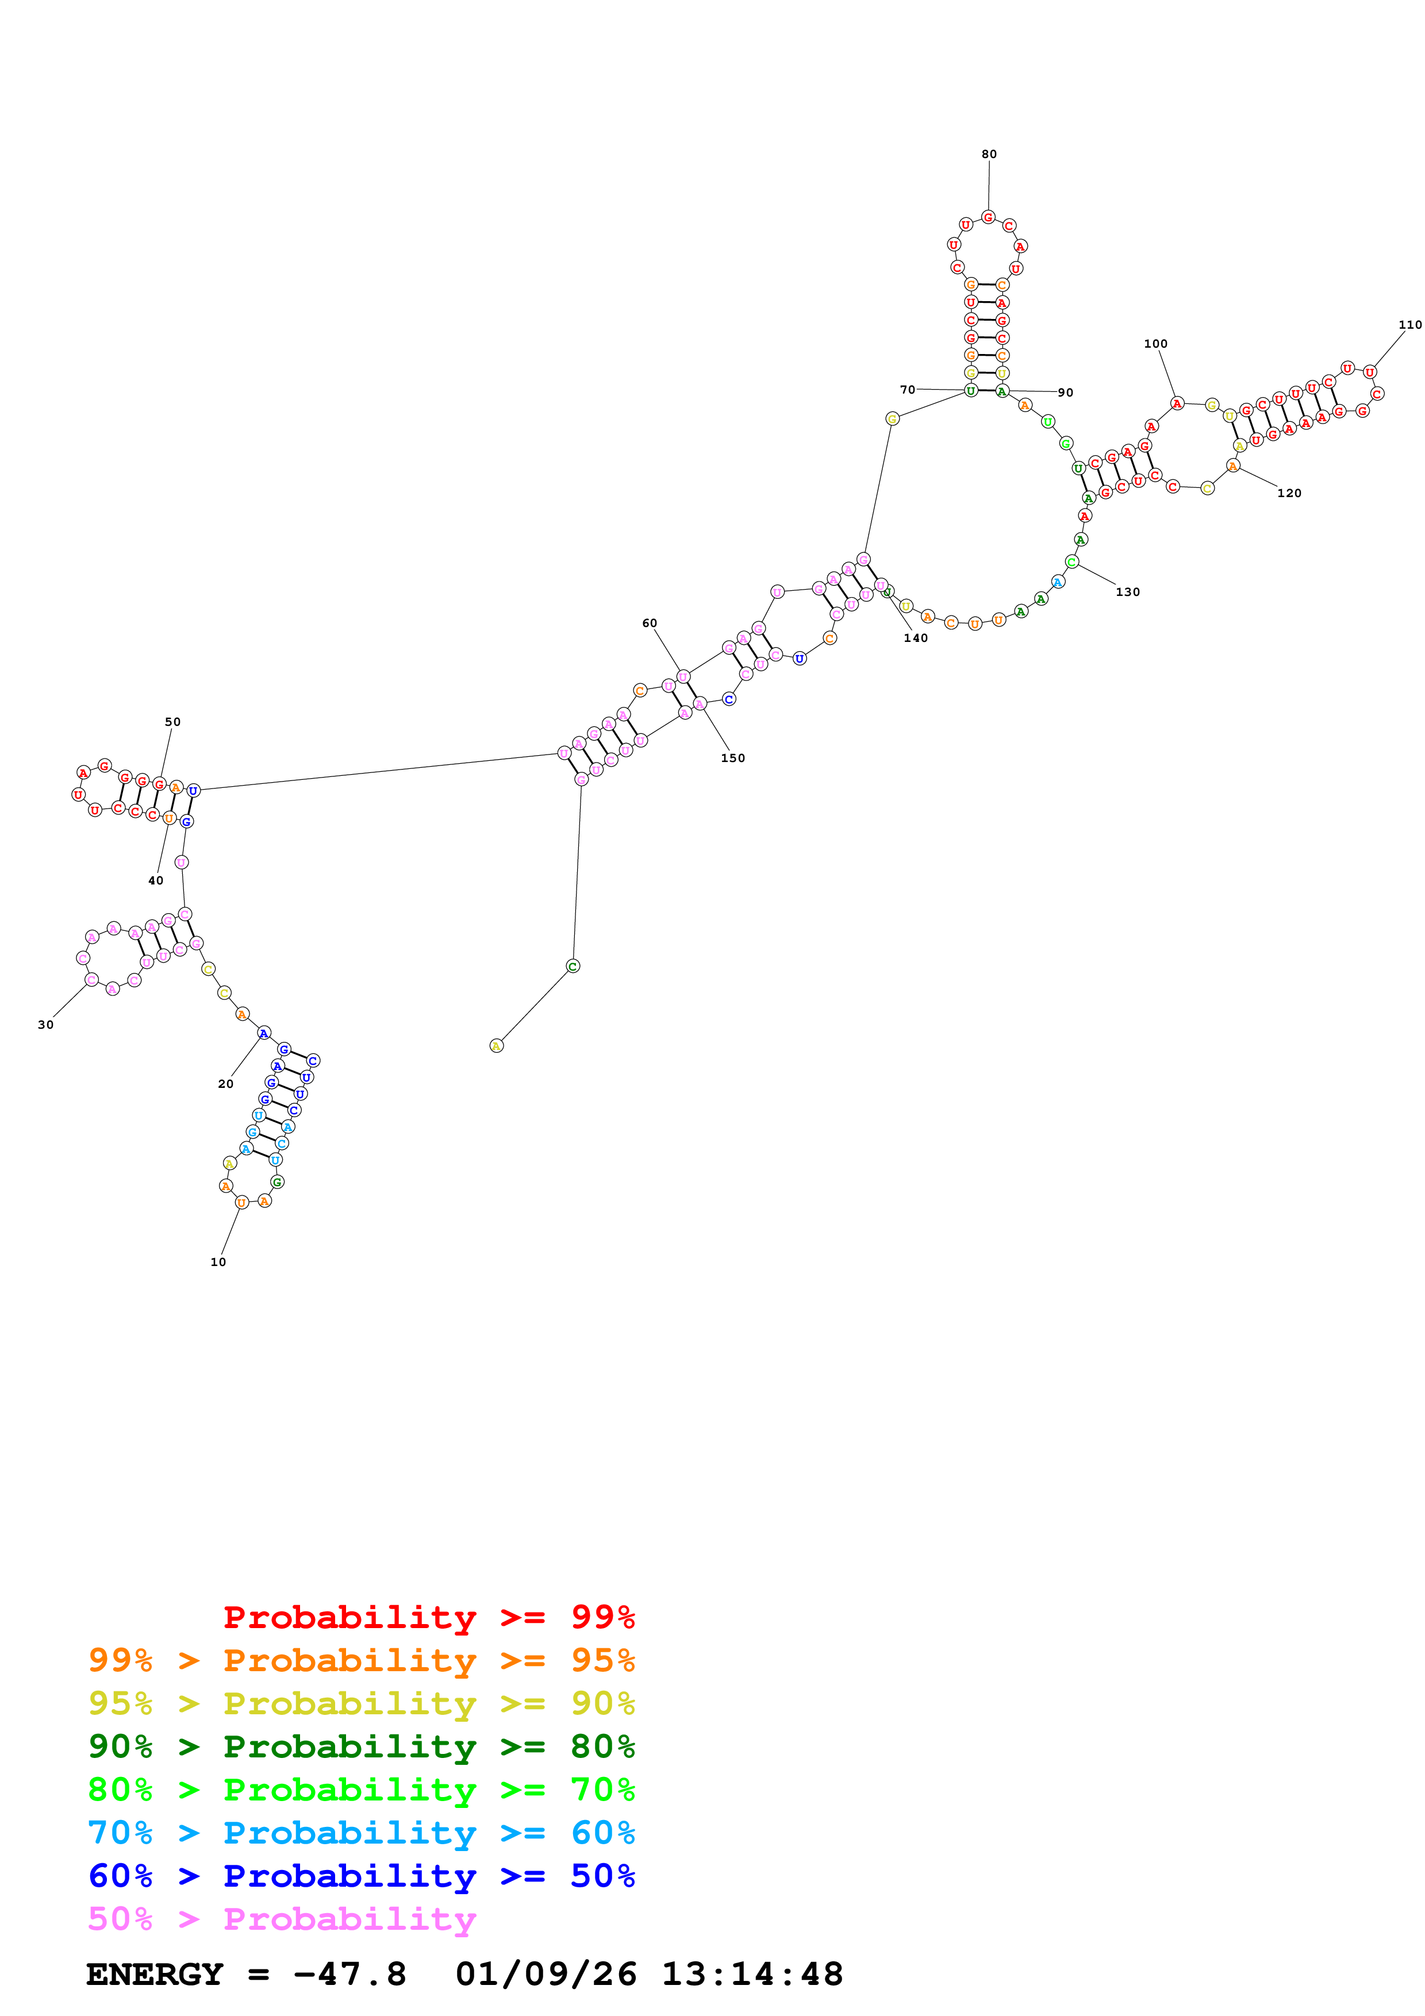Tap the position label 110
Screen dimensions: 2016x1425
point(1409,325)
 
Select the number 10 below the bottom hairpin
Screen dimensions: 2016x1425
point(218,1262)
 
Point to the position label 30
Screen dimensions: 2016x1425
point(45,1025)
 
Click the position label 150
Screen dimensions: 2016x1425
point(732,758)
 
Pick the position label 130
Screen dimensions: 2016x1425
point(1127,592)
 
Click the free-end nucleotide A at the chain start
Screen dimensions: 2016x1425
point(496,1046)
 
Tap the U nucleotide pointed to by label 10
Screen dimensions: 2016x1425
point(241,1202)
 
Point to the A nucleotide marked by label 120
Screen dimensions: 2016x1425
point(1232,466)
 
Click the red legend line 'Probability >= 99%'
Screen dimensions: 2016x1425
point(428,1617)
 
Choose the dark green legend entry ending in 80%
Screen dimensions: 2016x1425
point(361,1746)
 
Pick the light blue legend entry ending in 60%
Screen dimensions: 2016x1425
point(361,1833)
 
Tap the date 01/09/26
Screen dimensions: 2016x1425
point(546,1975)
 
